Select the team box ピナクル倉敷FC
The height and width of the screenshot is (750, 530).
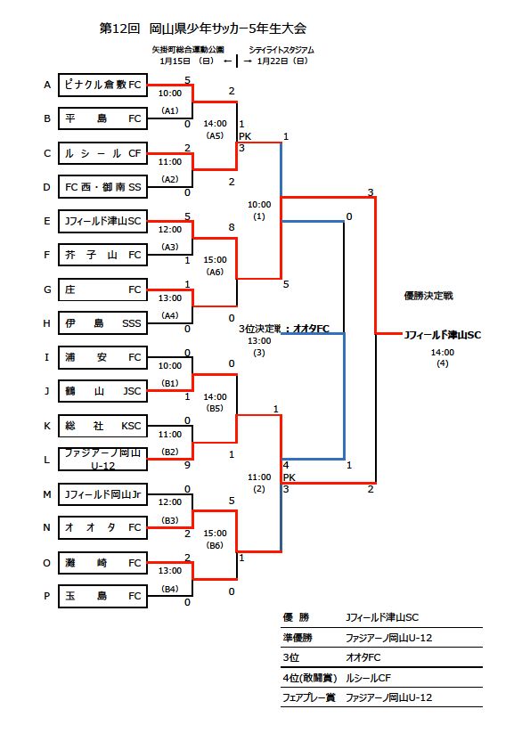pyautogui.click(x=102, y=86)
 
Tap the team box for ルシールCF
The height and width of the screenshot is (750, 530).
pyautogui.click(x=102, y=153)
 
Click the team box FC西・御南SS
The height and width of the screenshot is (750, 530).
pyautogui.click(x=102, y=187)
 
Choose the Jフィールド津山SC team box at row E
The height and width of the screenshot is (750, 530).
pyautogui.click(x=102, y=221)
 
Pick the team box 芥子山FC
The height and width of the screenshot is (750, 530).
pyautogui.click(x=102, y=256)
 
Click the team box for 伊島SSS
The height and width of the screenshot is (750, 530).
pyautogui.click(x=102, y=323)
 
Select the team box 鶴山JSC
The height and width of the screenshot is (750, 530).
pyautogui.click(x=102, y=391)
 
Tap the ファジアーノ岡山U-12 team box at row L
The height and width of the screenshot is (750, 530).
pyautogui.click(x=102, y=459)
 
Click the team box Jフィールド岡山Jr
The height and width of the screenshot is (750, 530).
pyautogui.click(x=102, y=493)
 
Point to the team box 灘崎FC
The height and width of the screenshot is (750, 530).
pyautogui.click(x=102, y=563)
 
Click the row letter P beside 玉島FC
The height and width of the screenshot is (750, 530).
pyautogui.click(x=47, y=596)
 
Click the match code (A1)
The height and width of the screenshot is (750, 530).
pyautogui.click(x=170, y=110)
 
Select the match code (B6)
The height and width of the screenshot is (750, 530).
pyautogui.click(x=215, y=545)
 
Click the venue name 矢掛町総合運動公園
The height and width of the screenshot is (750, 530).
pyautogui.click(x=188, y=50)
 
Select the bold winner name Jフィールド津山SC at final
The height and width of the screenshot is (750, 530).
pyautogui.click(x=442, y=335)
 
